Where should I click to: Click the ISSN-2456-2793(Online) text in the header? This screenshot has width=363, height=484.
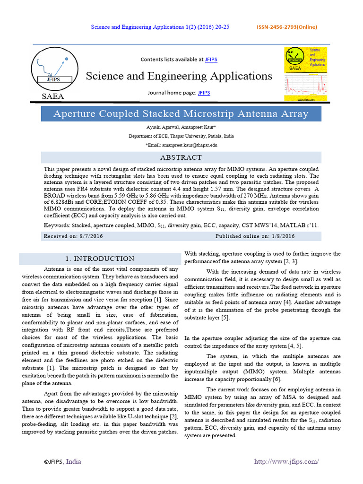(286, 27)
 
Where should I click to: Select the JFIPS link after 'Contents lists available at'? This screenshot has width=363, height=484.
(211, 60)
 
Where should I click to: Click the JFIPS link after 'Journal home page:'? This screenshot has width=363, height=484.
(204, 93)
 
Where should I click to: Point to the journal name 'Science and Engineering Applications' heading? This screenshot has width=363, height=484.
(179, 76)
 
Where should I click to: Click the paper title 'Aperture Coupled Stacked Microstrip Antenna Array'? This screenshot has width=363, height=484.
(181, 114)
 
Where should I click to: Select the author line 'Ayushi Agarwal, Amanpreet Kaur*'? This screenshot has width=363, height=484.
(181, 128)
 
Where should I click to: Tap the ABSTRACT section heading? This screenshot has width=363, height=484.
(181, 157)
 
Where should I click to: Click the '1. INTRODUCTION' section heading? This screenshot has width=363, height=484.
(100, 259)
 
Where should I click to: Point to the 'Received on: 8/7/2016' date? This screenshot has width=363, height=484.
(73, 236)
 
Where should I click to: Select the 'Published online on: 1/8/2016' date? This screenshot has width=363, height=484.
(255, 236)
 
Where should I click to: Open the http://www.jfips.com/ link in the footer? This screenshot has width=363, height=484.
(286, 461)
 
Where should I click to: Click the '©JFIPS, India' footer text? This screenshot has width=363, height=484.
(62, 461)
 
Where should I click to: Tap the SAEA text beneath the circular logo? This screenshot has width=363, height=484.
(53, 96)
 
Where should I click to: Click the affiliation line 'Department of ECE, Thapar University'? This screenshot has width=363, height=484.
(181, 136)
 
